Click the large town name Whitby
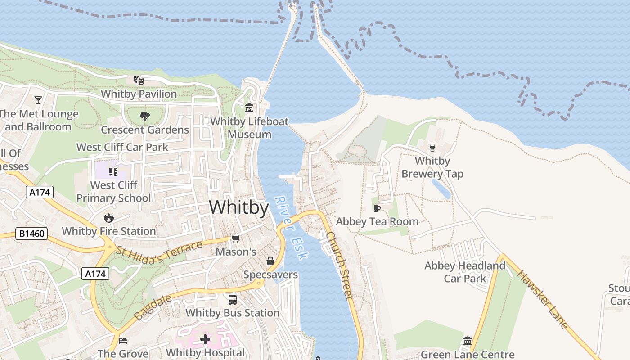[x=239, y=207]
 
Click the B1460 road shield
[x=31, y=234]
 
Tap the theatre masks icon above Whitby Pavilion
[x=139, y=81]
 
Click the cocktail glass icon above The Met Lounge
[x=38, y=100]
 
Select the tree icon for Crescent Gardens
[x=144, y=117]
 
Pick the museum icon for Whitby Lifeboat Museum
[x=249, y=108]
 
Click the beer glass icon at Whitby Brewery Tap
[x=432, y=147]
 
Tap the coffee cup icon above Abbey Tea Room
[x=377, y=208]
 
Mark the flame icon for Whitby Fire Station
[x=108, y=218]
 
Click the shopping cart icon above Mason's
[x=235, y=238]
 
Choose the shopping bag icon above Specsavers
[x=270, y=261]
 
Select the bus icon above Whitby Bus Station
[x=233, y=299]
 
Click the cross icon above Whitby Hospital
[x=205, y=339]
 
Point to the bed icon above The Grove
[x=123, y=340]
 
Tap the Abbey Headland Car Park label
[x=465, y=272]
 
